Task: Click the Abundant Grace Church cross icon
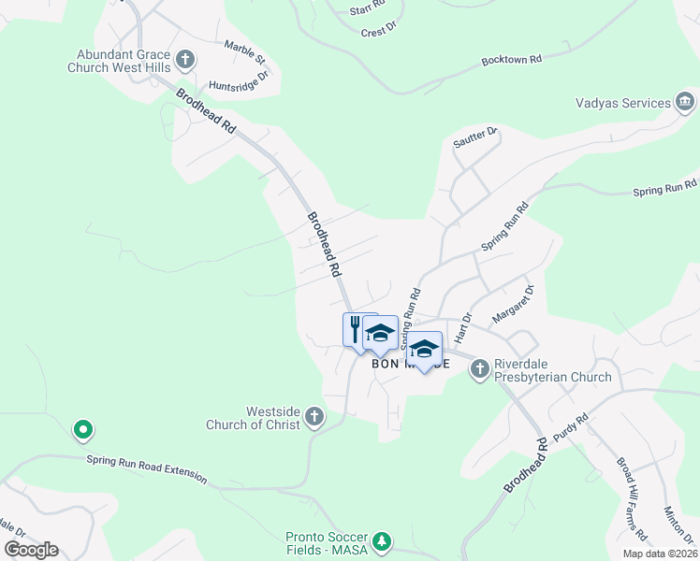(x=184, y=60)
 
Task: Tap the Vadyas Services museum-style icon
(x=684, y=102)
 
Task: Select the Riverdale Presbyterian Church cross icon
(x=479, y=368)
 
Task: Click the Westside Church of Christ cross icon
(x=314, y=417)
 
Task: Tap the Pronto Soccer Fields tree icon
(x=381, y=541)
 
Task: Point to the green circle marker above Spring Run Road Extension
(x=82, y=430)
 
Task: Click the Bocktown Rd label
(x=512, y=59)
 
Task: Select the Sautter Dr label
(x=475, y=137)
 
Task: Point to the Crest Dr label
(x=373, y=32)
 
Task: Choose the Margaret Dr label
(x=514, y=303)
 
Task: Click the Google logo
(x=31, y=550)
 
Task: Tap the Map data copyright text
(x=660, y=554)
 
